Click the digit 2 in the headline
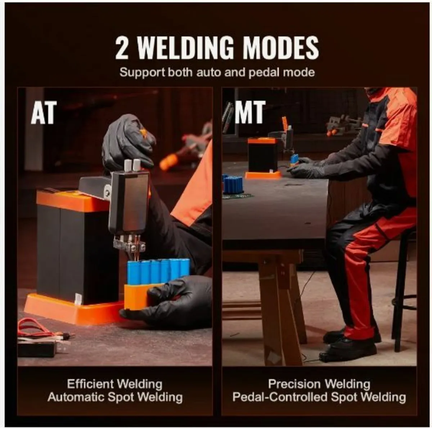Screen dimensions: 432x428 (x=122, y=48)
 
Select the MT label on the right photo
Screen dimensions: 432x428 (x=250, y=112)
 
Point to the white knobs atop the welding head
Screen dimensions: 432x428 (x=132, y=165)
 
